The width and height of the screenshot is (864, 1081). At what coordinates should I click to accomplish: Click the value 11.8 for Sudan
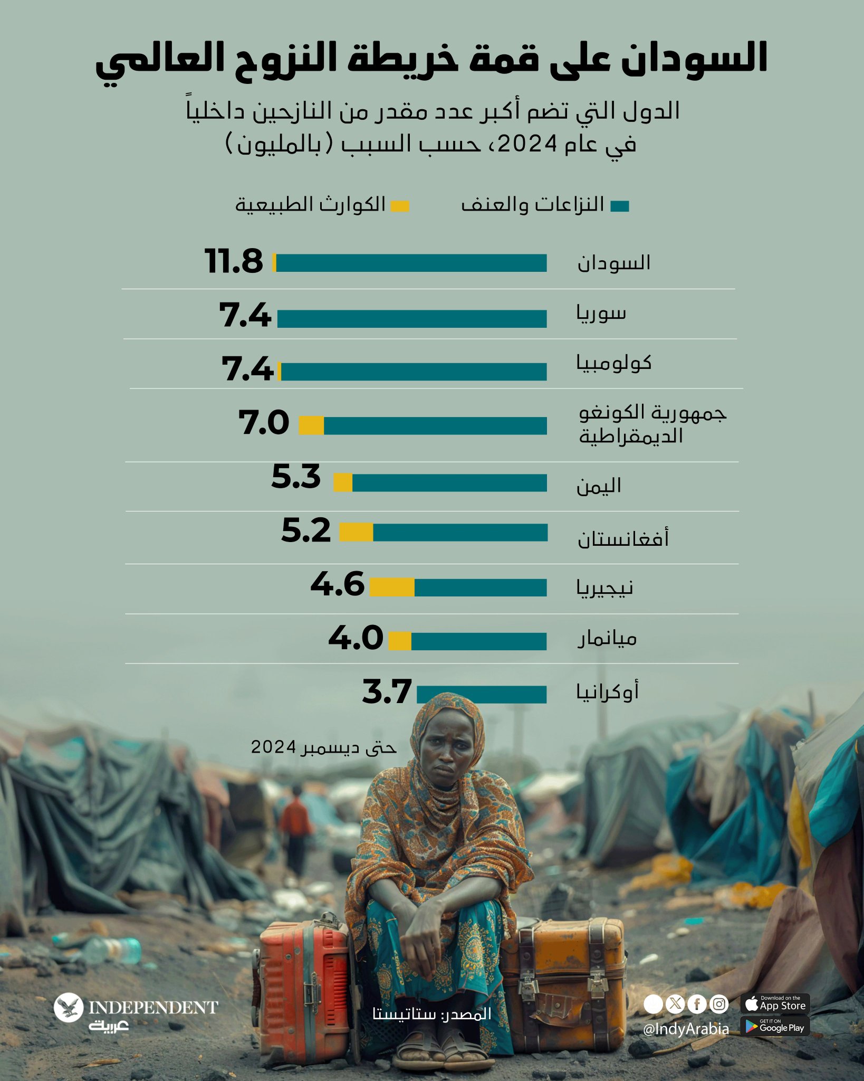234,261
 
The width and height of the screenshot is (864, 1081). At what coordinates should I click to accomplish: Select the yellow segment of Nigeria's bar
392,587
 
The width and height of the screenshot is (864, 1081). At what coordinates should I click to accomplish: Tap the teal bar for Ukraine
482,694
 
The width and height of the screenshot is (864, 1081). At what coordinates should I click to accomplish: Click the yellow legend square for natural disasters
400,206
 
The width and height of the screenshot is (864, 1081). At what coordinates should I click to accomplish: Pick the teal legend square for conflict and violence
620,206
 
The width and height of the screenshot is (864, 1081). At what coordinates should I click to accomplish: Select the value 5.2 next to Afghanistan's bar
306,530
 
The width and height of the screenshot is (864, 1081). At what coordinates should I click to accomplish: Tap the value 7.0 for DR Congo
264,423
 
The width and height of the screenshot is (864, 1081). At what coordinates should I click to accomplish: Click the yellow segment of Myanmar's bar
400,641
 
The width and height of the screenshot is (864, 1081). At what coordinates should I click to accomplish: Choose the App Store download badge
775,1003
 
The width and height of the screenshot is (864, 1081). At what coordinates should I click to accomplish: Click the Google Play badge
775,1027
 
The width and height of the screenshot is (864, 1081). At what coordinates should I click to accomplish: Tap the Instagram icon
719,1004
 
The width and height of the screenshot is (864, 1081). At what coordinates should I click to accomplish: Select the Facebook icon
697,1004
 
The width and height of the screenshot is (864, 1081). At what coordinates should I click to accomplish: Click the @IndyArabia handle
686,1029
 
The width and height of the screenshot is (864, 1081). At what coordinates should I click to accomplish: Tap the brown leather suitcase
564,971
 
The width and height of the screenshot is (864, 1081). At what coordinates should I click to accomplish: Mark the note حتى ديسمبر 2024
323,747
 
